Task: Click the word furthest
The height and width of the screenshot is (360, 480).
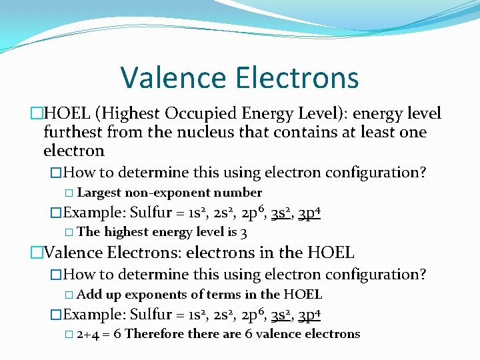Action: tap(72, 133)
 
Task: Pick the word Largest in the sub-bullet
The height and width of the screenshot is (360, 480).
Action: tap(99, 193)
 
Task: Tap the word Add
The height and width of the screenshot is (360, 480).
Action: tap(89, 295)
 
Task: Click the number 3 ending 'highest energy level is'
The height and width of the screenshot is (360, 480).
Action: tap(244, 233)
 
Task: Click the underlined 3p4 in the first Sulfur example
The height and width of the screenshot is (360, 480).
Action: tap(309, 213)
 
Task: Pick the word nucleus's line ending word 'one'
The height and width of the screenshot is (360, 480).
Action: tap(413, 133)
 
